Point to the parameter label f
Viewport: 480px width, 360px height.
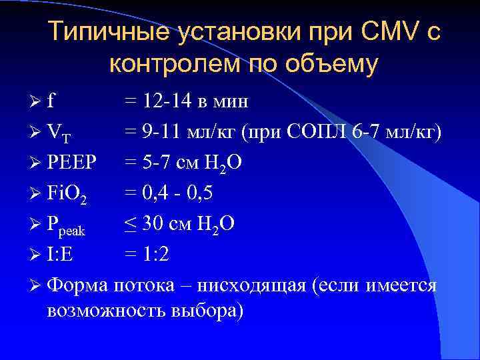click(x=50, y=102)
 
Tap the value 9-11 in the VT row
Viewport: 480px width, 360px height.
click(x=161, y=132)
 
